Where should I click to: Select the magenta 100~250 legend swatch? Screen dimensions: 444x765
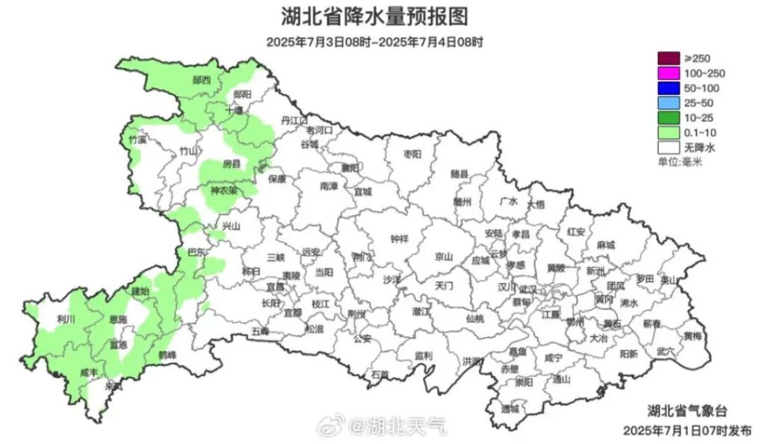point(669,73)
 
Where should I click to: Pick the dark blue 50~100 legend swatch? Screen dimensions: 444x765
point(669,88)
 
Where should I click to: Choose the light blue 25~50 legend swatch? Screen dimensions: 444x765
point(669,102)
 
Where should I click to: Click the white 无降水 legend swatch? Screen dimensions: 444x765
point(669,147)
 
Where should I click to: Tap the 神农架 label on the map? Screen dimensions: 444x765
point(223,190)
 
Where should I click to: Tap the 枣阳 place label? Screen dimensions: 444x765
point(412,154)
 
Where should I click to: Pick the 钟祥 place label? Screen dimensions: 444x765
point(400,240)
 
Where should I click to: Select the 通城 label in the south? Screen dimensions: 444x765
point(510,408)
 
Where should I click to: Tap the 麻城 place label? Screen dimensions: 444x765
point(606,245)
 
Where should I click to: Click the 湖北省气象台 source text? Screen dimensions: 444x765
point(687,410)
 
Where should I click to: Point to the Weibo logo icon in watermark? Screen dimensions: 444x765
point(329,427)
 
